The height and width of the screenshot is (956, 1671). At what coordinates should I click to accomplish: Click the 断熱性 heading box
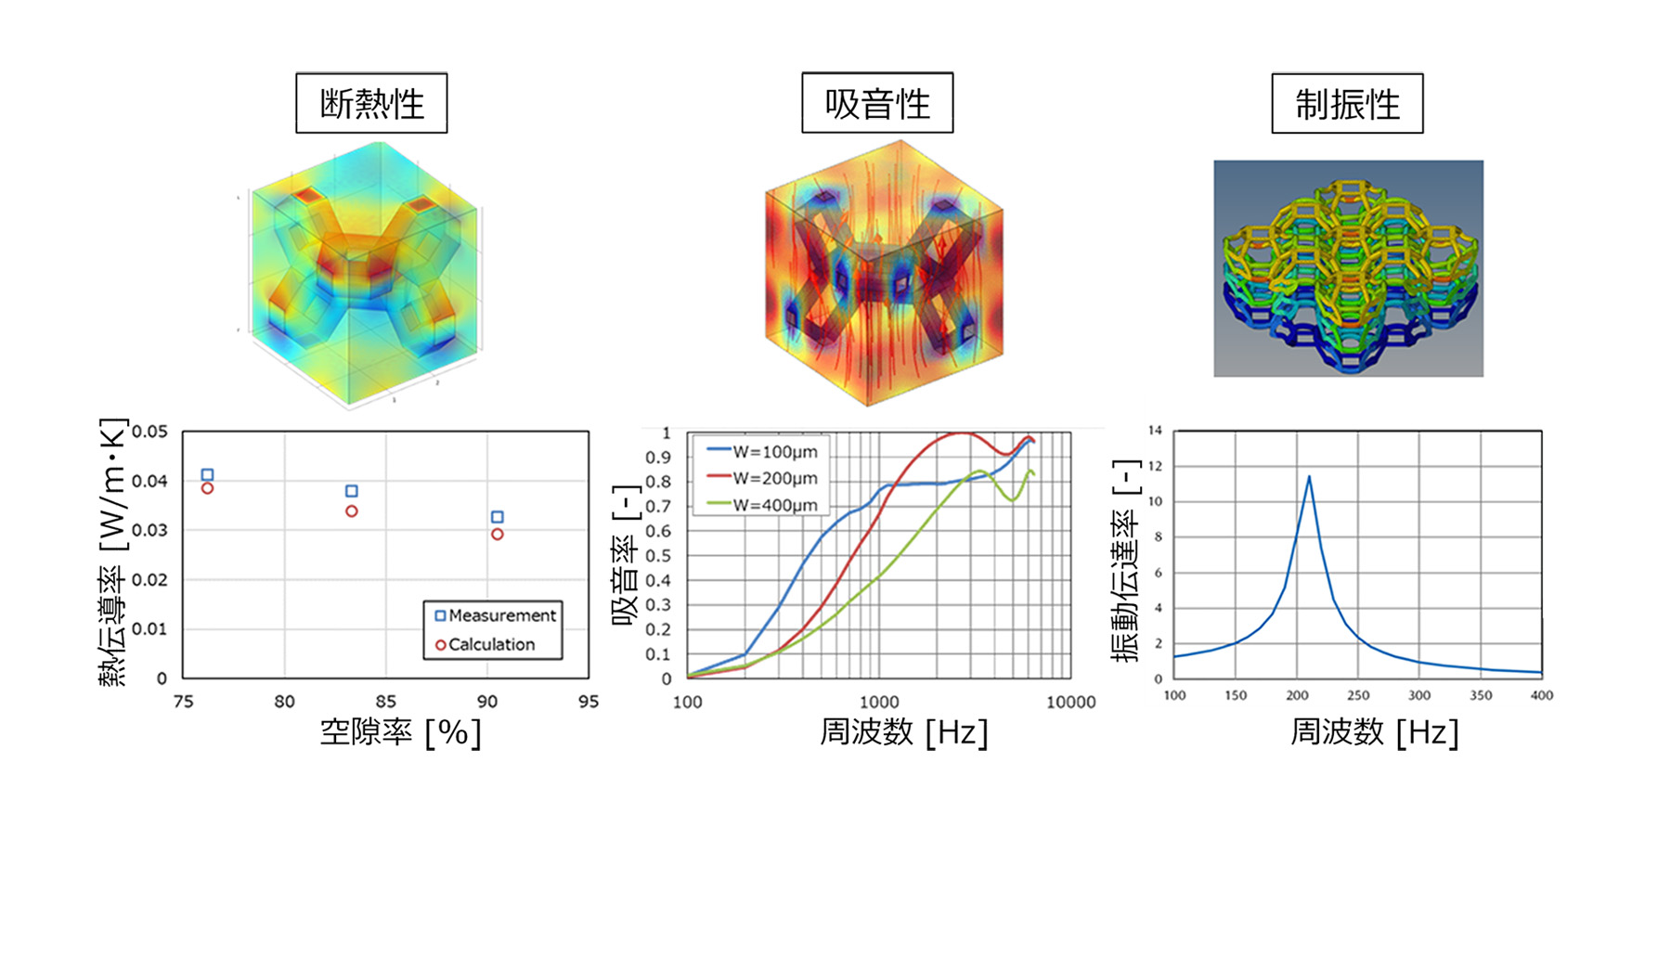coord(371,103)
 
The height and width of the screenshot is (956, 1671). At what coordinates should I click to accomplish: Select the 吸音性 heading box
coord(877,103)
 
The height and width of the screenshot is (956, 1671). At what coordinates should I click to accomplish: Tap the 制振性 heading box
coord(1347,104)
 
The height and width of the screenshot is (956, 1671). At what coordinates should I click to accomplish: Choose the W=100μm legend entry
coord(763,452)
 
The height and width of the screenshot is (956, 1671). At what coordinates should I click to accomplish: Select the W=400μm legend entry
coord(763,505)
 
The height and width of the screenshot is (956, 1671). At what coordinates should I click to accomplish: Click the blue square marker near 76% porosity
coord(207,475)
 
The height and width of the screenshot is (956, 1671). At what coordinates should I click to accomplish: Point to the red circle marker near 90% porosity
coord(498,535)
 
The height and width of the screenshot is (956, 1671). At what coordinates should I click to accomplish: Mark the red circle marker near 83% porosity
coord(352,511)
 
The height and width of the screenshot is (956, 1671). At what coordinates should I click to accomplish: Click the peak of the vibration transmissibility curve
coord(1309,477)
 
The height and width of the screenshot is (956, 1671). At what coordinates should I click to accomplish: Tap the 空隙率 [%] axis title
coord(400,732)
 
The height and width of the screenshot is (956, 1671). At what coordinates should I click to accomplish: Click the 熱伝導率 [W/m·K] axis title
coord(112,552)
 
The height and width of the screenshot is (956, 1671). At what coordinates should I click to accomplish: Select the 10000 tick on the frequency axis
coord(1070,702)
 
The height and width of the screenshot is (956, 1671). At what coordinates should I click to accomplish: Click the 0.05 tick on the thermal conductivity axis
coord(149,432)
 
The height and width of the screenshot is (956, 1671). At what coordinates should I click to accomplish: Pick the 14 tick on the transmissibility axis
coord(1155,431)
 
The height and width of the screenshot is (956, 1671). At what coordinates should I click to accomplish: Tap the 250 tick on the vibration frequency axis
coord(1357,695)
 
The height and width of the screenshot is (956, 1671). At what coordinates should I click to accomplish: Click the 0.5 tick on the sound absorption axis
coord(658,556)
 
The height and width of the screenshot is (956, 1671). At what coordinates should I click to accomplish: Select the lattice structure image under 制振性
coord(1348,268)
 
